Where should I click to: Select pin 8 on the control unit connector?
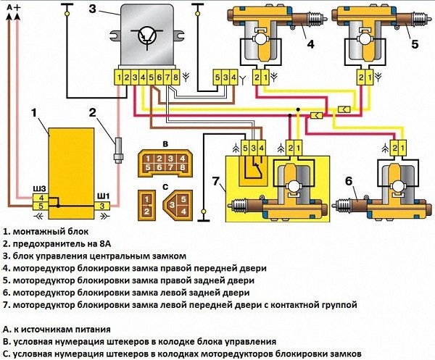175,76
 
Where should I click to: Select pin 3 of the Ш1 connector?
104,206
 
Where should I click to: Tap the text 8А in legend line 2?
117,243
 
